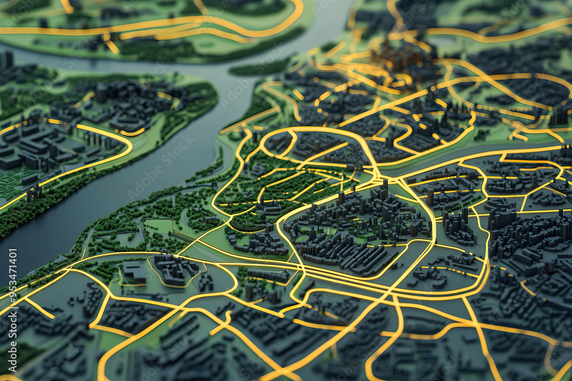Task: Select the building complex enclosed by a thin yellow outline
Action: (x=174, y=269)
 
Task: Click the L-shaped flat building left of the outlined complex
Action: (x=133, y=271)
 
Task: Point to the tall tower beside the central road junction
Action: (x=385, y=186)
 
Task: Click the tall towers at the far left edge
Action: (x=7, y=59)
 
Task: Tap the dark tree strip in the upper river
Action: (x=260, y=69)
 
